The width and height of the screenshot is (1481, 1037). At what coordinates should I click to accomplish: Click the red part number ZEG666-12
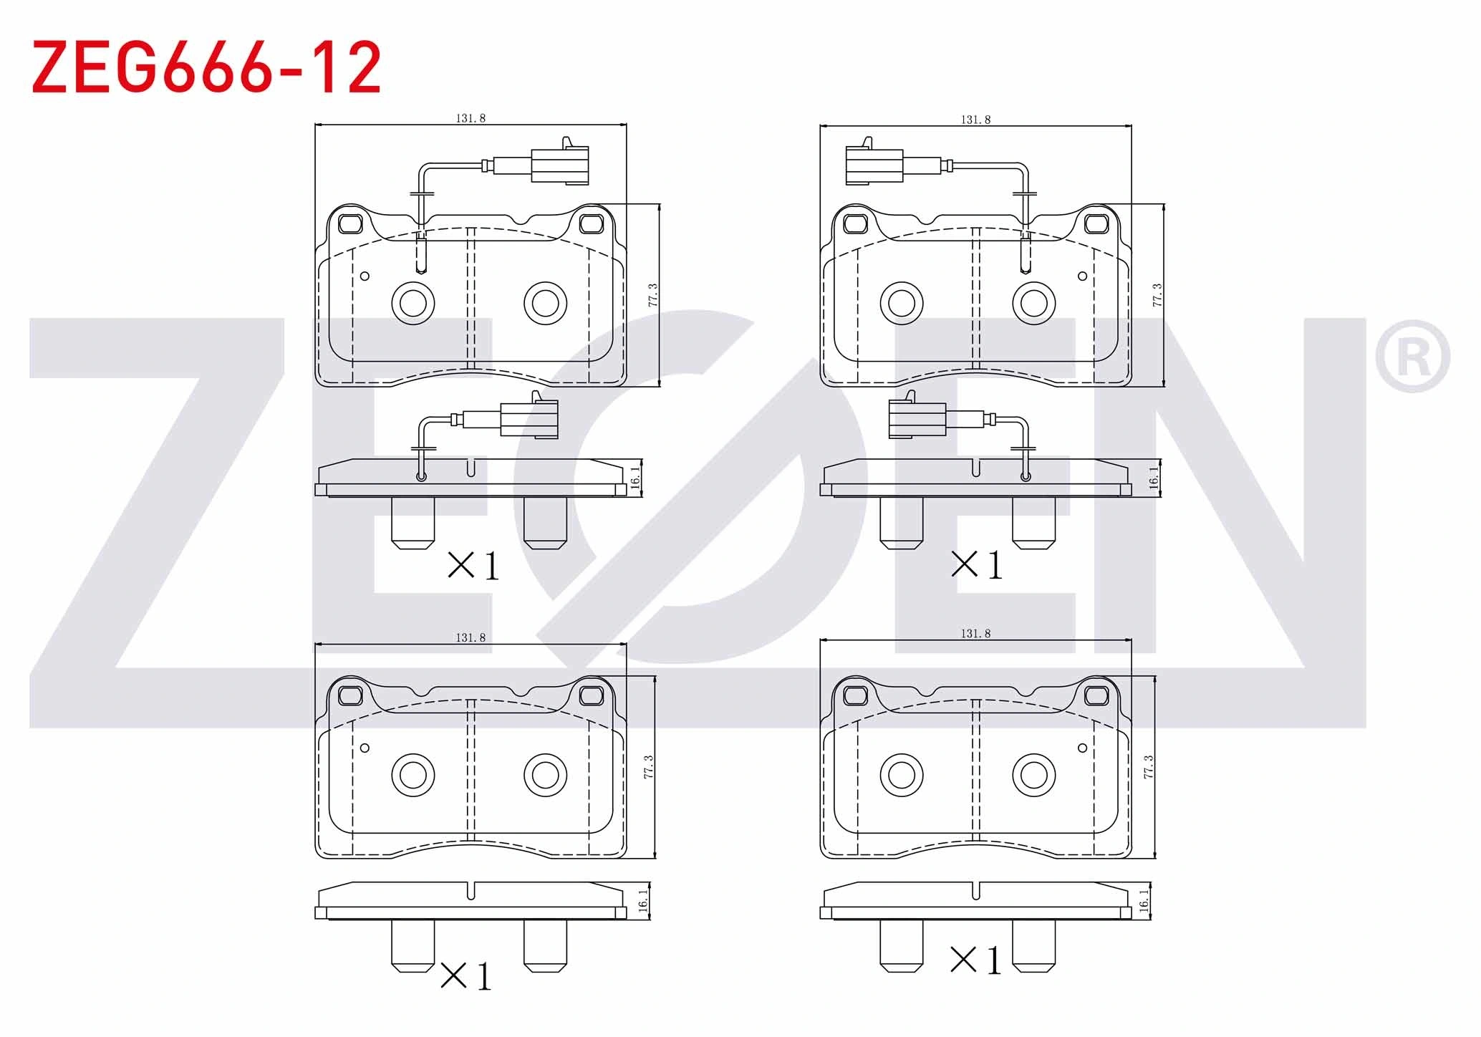[x=206, y=68]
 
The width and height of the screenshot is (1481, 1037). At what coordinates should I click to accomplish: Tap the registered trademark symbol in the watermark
[x=1412, y=356]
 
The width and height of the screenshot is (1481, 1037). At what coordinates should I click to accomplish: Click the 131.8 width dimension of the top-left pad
[x=471, y=118]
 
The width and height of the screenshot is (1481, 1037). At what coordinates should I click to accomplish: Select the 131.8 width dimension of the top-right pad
[x=976, y=120]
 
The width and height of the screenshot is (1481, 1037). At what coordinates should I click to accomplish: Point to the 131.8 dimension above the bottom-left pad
[x=471, y=637]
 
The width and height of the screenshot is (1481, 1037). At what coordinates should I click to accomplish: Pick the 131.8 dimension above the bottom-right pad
[x=976, y=634]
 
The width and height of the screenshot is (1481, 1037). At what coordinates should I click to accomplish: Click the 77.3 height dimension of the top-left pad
[x=652, y=295]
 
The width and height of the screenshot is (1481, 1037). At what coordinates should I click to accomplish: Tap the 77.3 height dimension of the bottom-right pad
[x=1149, y=767]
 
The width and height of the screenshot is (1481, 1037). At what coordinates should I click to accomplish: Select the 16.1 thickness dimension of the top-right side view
[x=1154, y=478]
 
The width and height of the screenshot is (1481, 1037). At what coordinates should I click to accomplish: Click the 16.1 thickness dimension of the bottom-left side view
[x=642, y=900]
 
